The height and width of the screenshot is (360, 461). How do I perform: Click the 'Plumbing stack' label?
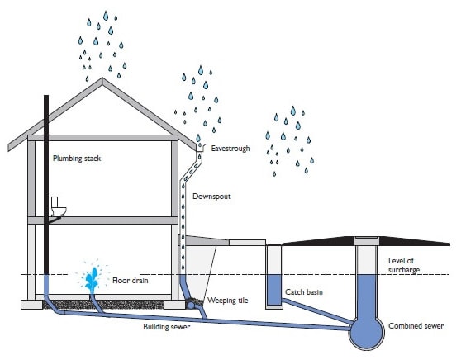pyautogui.click(x=77, y=159)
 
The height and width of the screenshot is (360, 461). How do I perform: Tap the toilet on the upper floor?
pyautogui.click(x=58, y=206)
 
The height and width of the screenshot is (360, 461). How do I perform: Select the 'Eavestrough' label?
pyautogui.click(x=230, y=149)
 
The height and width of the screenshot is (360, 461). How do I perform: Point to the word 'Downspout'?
pyautogui.click(x=211, y=197)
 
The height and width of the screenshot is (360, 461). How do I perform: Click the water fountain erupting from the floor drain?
pyautogui.click(x=92, y=278)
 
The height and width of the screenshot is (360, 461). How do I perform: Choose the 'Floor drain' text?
pyautogui.click(x=131, y=281)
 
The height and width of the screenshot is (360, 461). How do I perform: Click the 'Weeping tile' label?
pyautogui.click(x=228, y=301)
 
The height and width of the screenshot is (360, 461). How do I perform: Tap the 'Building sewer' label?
pyautogui.click(x=167, y=327)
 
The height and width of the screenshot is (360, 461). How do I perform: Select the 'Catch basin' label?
pyautogui.click(x=304, y=292)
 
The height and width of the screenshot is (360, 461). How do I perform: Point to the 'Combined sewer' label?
pyautogui.click(x=416, y=326)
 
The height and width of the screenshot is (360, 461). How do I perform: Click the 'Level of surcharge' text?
pyautogui.click(x=404, y=265)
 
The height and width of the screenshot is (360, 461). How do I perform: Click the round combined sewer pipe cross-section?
pyautogui.click(x=366, y=333)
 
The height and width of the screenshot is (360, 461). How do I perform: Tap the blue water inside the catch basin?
pyautogui.click(x=274, y=290)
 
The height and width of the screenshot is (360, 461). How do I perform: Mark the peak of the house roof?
pyautogui.click(x=102, y=78)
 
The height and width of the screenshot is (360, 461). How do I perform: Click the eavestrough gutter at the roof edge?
pyautogui.click(x=200, y=148)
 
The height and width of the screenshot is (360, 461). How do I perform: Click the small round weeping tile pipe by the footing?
pyautogui.click(x=191, y=306)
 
